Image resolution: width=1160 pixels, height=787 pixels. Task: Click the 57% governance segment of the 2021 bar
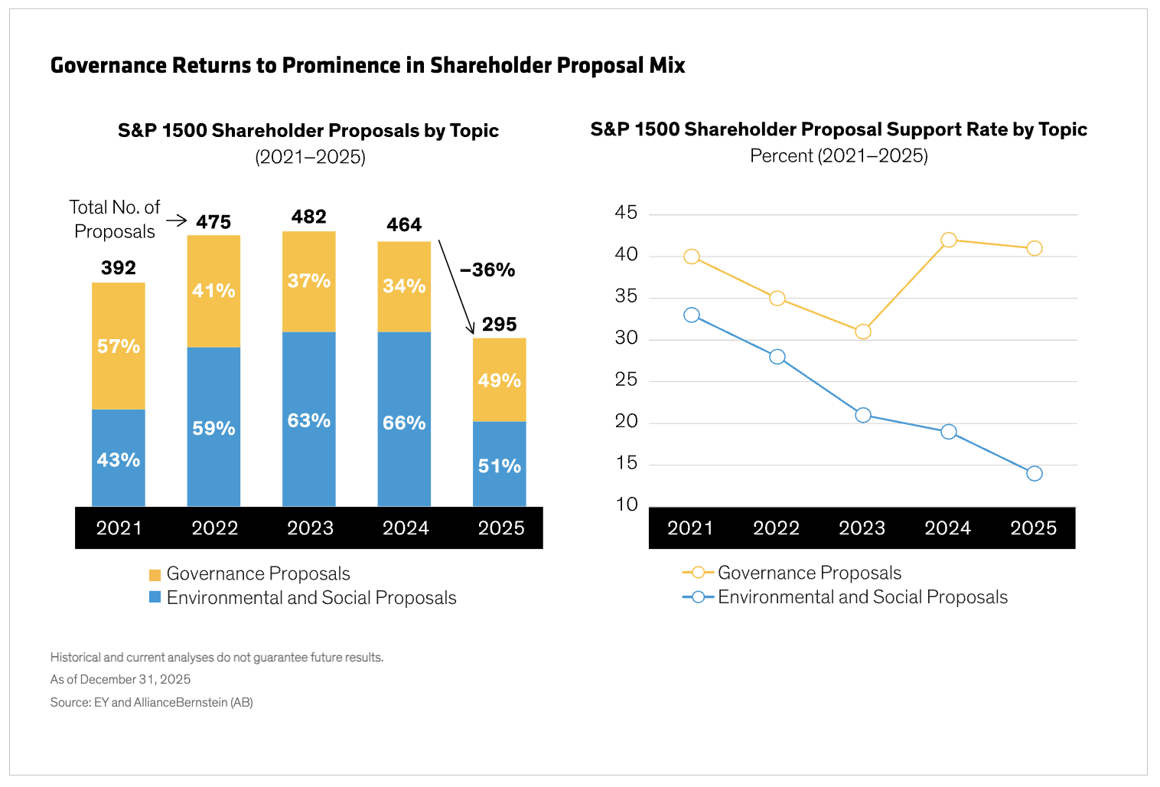tap(119, 346)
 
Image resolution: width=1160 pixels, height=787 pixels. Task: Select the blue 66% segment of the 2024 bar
tap(404, 420)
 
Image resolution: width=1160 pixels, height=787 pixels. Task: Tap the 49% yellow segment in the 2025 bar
tap(499, 380)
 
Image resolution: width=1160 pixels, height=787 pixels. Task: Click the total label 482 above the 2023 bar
tap(309, 217)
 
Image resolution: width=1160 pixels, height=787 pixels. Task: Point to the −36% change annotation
tap(487, 269)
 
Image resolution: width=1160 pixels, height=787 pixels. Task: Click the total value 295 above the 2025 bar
tap(499, 324)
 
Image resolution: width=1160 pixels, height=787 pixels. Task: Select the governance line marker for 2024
tap(948, 240)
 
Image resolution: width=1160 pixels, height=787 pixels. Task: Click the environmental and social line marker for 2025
tap(1034, 474)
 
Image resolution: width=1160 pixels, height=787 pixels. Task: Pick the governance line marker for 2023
tap(862, 331)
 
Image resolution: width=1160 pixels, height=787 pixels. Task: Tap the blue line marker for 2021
tap(692, 315)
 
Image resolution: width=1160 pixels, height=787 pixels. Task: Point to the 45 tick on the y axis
tap(626, 213)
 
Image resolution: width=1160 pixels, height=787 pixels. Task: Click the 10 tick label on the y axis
tap(626, 505)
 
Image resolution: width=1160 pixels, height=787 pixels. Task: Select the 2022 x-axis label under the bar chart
tap(214, 528)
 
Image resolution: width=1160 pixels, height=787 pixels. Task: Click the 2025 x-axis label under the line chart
tap(1033, 528)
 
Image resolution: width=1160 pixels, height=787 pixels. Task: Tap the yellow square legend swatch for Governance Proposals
tap(155, 574)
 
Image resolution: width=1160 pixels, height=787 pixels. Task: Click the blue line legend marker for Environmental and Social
tap(698, 597)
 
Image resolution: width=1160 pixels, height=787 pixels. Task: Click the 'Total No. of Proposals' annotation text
tap(115, 219)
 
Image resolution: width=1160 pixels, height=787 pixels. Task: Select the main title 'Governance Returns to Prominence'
tap(367, 65)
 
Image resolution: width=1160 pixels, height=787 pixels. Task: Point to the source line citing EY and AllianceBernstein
tap(152, 702)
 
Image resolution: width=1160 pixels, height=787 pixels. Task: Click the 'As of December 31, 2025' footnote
tap(120, 679)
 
